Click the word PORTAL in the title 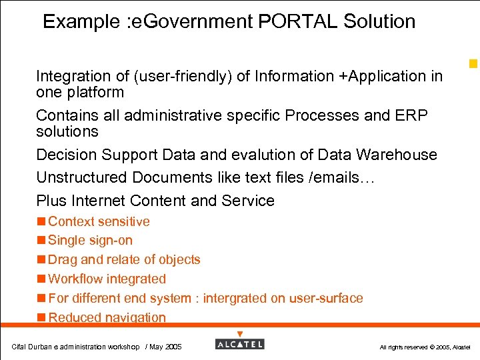point(297,21)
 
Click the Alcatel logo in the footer point(240,344)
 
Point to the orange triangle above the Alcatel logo point(240,334)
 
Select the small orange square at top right point(473,64)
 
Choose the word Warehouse point(396,155)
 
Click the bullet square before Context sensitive point(41,221)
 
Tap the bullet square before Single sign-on point(41,241)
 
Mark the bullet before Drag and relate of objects point(41,260)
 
